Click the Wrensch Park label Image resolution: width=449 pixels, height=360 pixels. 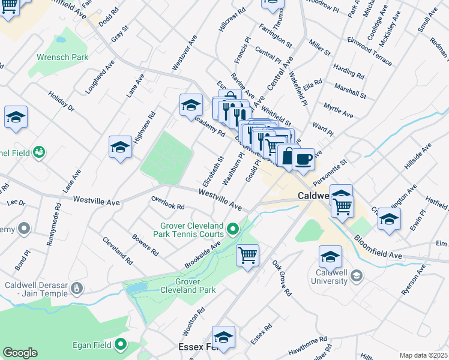(62, 57)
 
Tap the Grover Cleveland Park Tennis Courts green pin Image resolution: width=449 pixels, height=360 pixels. (234, 228)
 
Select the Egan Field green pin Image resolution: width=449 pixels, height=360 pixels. (121, 344)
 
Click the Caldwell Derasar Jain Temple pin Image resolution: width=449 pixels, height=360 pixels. (76, 290)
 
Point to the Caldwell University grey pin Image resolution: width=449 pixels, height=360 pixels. (357, 275)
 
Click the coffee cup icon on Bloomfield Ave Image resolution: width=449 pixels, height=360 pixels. (304, 160)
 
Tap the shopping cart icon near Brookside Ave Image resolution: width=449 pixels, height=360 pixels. (247, 256)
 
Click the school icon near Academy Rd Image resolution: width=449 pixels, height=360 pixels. (191, 106)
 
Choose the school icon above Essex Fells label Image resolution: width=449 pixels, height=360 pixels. (224, 338)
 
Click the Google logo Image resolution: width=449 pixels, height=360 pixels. (20, 353)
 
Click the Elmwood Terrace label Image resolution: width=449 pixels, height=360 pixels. (369, 52)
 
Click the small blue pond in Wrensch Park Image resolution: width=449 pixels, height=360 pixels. (61, 40)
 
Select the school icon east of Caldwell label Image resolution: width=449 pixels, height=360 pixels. (389, 220)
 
